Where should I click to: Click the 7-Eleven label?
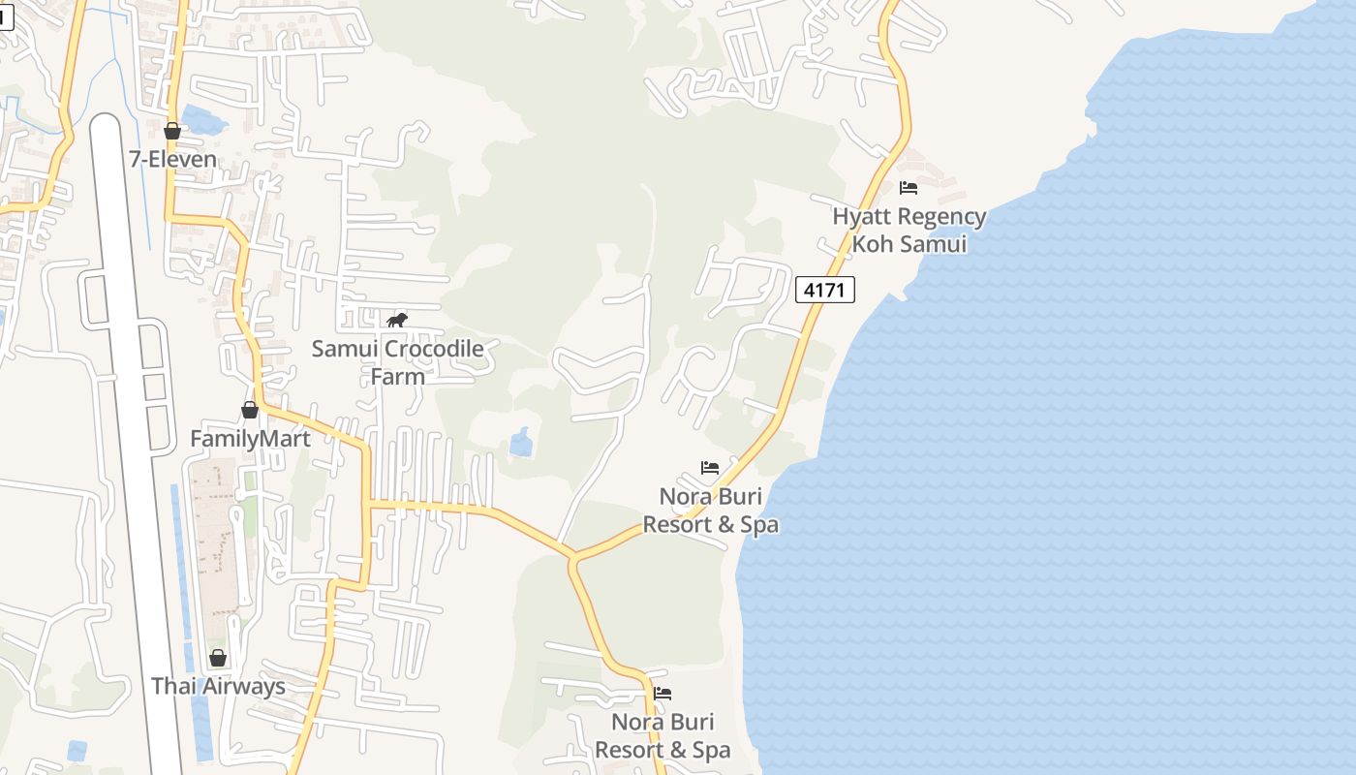coord(172,159)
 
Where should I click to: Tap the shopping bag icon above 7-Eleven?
coord(172,131)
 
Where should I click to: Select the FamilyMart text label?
coord(250,439)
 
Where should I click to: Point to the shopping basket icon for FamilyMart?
coord(250,410)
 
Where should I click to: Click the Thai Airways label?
coord(218,687)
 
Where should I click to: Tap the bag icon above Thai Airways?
coord(218,658)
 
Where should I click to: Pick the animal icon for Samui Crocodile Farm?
coord(397,321)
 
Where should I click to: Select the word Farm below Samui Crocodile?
coord(397,376)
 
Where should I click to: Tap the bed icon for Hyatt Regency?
coord(909,188)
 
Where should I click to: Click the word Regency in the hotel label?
coord(940,217)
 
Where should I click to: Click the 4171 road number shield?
coord(825,290)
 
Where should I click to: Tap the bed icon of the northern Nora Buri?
coord(710,468)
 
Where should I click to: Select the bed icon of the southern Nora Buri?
coord(663,694)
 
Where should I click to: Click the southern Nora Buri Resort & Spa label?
coord(663,736)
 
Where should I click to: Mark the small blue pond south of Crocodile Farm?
coord(521,444)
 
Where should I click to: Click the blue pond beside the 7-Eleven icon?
coord(204,120)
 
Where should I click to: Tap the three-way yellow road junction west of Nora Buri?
coord(573,558)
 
